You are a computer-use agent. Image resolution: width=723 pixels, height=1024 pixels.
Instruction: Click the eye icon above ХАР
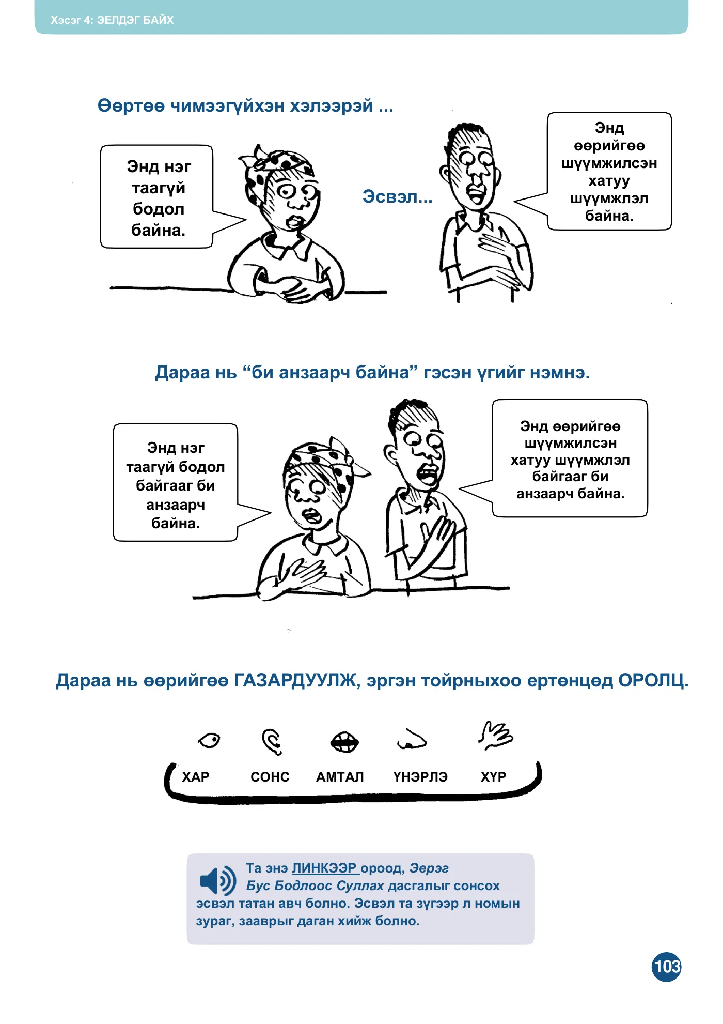[x=209, y=740]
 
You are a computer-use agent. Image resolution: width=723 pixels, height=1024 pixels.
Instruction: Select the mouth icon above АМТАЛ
[x=344, y=742]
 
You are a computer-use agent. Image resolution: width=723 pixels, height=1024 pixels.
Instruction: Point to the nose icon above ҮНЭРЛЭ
[x=411, y=740]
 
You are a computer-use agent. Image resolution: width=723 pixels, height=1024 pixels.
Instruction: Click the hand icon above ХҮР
[x=495, y=735]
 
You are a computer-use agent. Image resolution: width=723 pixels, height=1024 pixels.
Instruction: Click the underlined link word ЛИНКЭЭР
[x=324, y=868]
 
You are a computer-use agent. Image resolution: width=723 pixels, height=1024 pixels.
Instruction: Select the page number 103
[x=667, y=966]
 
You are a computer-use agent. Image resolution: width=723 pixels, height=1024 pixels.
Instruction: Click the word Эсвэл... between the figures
[x=397, y=196]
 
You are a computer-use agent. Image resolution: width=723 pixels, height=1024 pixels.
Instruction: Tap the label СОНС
[x=270, y=777]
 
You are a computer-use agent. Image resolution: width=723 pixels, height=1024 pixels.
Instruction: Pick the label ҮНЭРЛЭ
[x=420, y=777]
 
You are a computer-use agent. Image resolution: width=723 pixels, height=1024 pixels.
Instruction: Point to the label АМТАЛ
[x=340, y=777]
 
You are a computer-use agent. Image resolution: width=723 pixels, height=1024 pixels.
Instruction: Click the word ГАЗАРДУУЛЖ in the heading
[x=296, y=680]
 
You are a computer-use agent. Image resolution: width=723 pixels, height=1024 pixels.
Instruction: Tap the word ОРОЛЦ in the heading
[x=653, y=680]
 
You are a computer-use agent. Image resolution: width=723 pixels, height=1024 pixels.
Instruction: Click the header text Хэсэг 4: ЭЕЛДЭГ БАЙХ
[x=112, y=20]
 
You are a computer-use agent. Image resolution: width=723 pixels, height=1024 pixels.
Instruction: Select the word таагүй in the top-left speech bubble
[x=159, y=188]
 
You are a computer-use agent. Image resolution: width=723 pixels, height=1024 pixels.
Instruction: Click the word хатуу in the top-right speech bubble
[x=609, y=181]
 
